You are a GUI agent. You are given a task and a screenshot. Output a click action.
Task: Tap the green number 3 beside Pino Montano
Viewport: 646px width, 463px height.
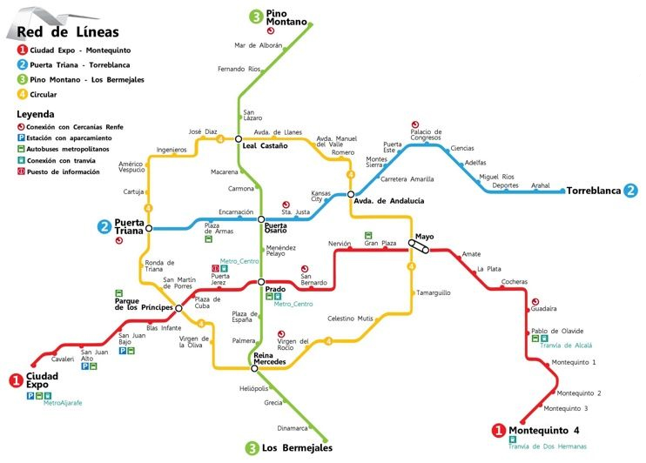[x=256, y=16]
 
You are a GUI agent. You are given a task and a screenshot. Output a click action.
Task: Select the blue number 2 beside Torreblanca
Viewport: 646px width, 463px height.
[x=630, y=190]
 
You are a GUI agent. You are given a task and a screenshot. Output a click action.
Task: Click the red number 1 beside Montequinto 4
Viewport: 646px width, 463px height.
[x=499, y=430]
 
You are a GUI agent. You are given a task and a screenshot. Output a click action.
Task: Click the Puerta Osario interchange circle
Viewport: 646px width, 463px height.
[x=262, y=219]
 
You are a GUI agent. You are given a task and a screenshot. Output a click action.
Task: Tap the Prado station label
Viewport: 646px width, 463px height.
[x=275, y=289]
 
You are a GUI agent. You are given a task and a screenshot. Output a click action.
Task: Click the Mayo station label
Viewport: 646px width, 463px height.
[x=424, y=236]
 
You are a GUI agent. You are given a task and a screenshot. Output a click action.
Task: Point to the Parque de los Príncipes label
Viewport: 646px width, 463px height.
[x=139, y=304]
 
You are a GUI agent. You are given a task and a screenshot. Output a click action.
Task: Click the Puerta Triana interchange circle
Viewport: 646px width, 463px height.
[x=149, y=228]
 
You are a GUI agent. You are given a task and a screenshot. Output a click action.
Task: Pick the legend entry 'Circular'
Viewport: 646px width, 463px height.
[x=44, y=93]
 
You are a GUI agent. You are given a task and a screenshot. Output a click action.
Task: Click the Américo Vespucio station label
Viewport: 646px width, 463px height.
[x=131, y=166]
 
